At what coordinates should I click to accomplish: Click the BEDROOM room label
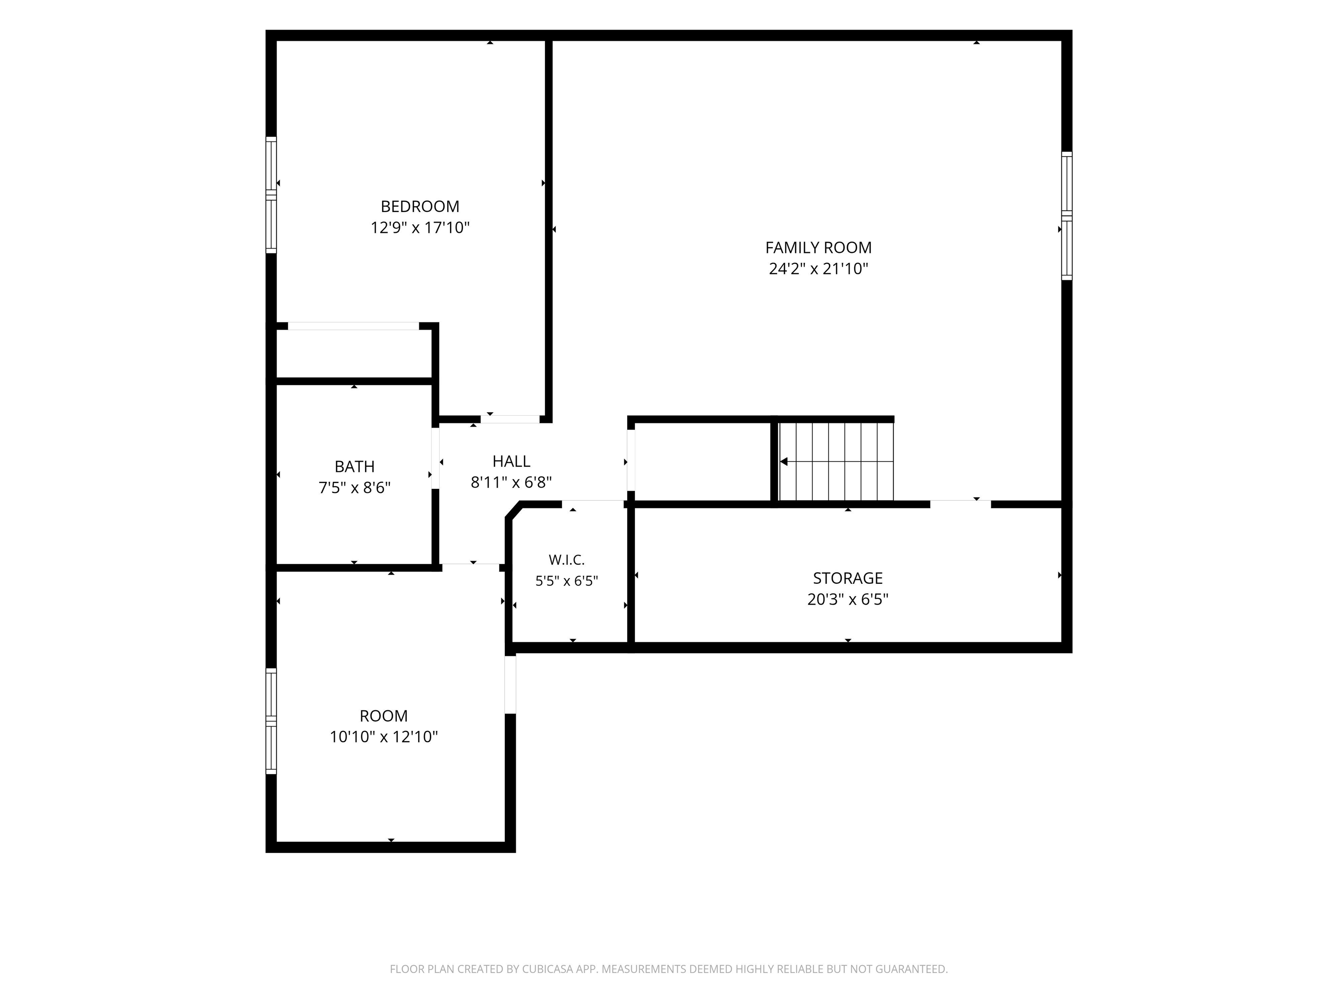[420, 207]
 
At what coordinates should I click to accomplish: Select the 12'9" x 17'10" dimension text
[420, 228]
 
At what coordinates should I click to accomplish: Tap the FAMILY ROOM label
[818, 248]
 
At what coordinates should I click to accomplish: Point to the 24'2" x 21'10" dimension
[818, 269]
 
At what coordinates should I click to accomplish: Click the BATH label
[355, 467]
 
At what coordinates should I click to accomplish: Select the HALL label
[511, 461]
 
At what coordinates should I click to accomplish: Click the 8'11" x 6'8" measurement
[511, 482]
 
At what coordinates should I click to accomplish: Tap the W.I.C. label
[567, 560]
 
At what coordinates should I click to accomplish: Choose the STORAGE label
[848, 579]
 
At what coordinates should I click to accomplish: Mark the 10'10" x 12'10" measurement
[383, 737]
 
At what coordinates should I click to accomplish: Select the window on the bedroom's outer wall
[271, 195]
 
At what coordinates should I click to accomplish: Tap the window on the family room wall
[1067, 216]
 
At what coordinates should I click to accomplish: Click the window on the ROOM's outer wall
[271, 720]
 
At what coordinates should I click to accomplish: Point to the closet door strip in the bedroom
[353, 326]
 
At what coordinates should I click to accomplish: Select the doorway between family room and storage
[960, 504]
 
